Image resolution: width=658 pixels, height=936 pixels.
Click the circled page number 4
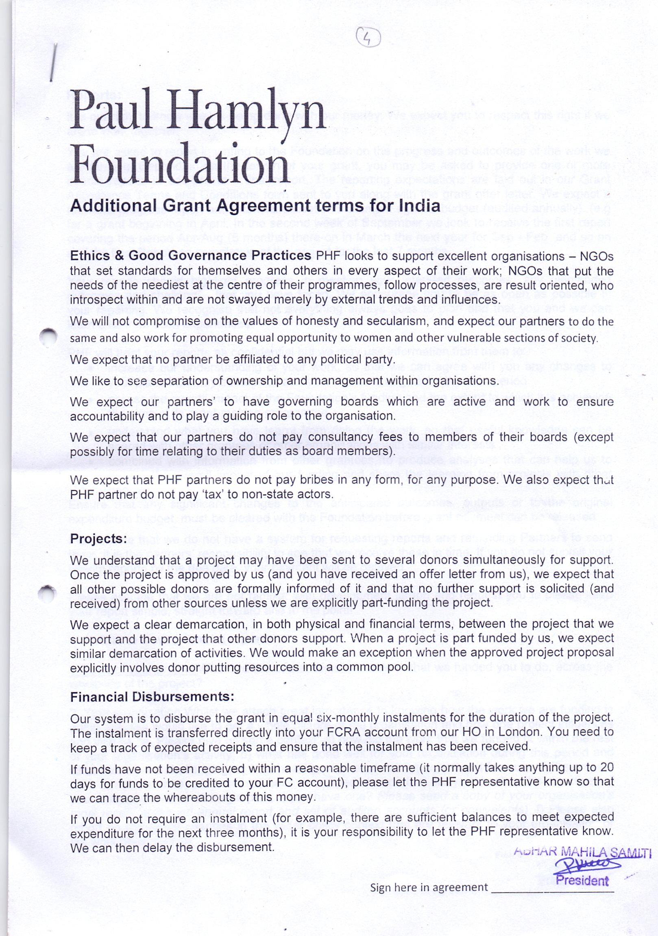coord(368,38)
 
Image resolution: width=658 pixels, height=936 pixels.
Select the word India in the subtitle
coord(420,205)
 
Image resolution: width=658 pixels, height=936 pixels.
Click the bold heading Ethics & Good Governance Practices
coord(190,256)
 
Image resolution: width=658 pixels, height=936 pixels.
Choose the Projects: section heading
coord(99,538)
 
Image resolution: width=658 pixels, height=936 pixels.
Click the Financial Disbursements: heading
coord(152,696)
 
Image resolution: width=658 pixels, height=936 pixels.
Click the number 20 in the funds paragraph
coord(607,767)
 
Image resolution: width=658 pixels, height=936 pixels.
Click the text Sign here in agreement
coord(429,888)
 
